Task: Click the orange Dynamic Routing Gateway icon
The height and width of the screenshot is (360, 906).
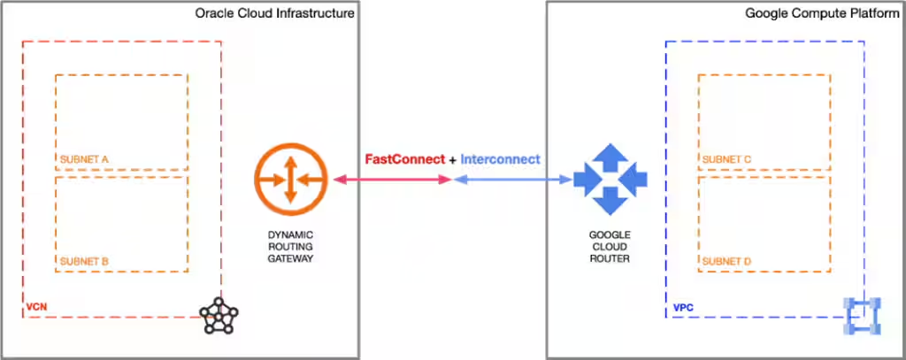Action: point(289,180)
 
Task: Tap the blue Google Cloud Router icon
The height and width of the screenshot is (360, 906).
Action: point(610,180)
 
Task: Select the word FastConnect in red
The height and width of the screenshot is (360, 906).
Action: point(405,159)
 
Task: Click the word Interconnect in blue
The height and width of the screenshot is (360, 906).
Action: point(501,159)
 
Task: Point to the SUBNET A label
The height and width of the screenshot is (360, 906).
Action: point(84,159)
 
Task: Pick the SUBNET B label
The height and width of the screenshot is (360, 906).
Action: point(84,262)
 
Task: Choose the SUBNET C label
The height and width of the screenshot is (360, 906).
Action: point(726,159)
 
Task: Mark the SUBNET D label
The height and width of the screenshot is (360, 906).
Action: point(726,262)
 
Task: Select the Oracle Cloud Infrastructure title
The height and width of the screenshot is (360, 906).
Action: point(275,13)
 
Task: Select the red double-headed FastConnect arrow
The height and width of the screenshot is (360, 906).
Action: point(393,180)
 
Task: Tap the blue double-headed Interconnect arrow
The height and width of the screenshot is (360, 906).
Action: point(512,180)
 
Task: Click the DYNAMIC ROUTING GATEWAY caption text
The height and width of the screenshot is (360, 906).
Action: point(290,247)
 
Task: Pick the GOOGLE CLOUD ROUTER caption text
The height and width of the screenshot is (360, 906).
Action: point(610,247)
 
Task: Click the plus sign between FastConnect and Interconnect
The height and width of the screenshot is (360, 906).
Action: point(453,159)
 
